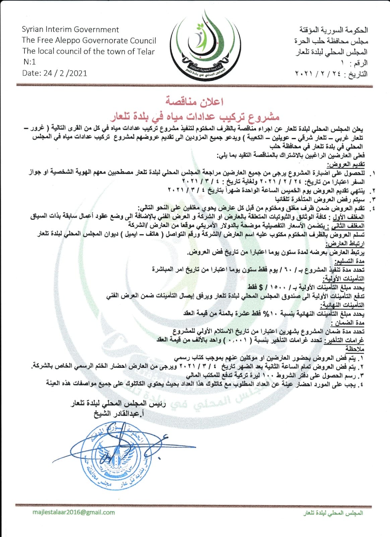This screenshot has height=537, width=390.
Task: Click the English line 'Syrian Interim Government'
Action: point(70,30)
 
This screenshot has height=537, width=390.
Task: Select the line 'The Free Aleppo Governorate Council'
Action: point(89,41)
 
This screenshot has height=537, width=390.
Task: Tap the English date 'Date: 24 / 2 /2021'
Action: point(55,73)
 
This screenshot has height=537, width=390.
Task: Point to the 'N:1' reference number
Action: point(29,62)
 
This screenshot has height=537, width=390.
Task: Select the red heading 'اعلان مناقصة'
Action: point(195,101)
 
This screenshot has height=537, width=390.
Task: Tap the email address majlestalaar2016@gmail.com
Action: point(74,512)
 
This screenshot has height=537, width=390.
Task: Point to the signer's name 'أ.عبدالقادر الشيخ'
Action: point(118,414)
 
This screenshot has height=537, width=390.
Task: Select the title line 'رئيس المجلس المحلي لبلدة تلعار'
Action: point(118,404)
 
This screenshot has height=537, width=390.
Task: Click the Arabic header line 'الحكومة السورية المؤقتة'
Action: point(334,30)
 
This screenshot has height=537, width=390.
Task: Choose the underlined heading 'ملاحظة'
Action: point(355,349)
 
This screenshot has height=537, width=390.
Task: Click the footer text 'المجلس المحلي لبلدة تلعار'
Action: point(333,513)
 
